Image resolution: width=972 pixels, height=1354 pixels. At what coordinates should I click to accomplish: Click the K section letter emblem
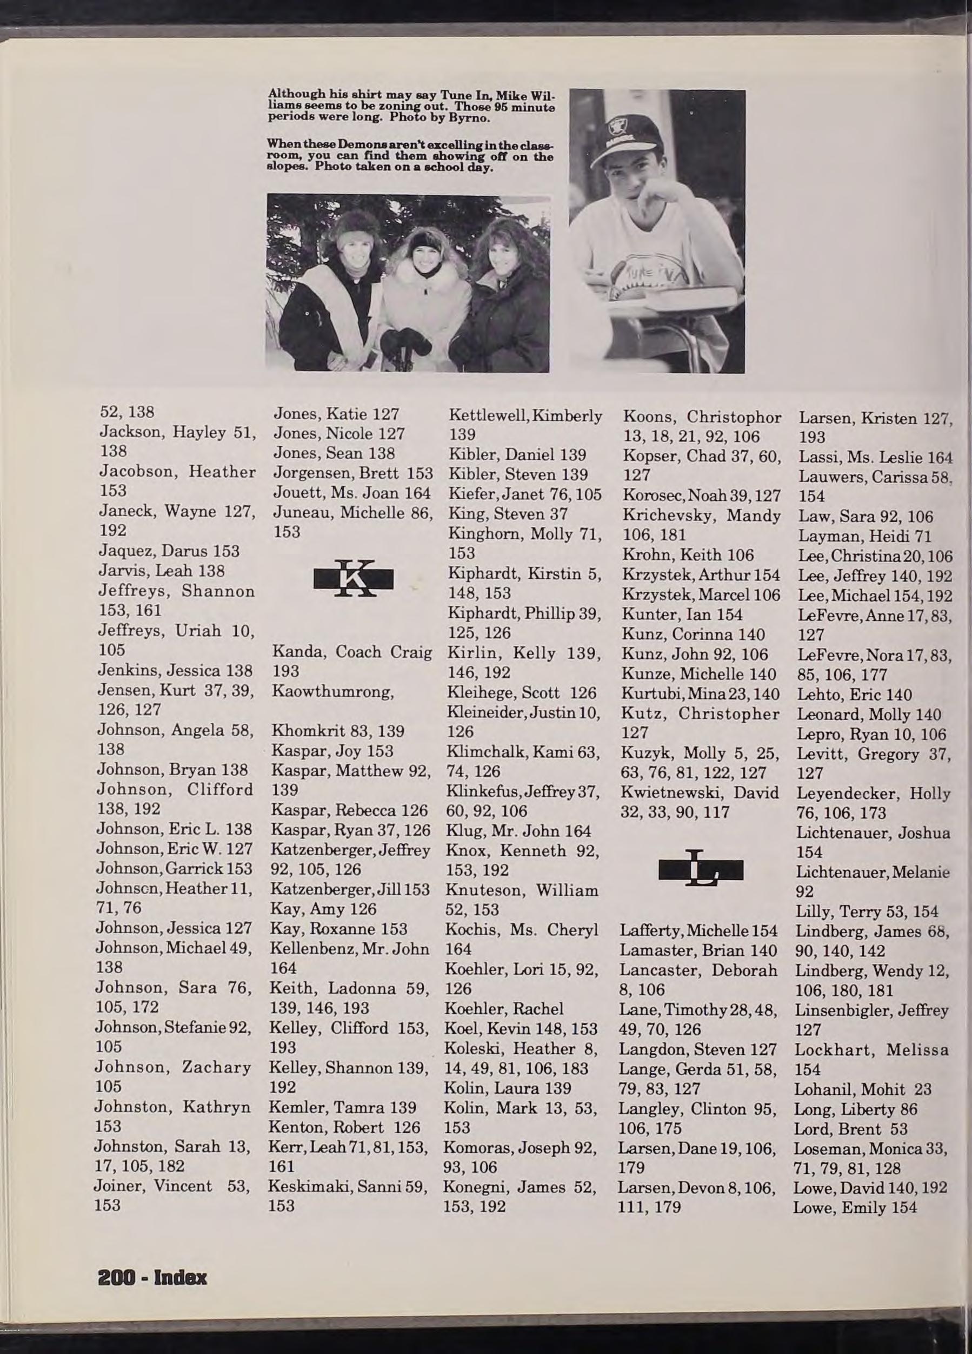point(353,578)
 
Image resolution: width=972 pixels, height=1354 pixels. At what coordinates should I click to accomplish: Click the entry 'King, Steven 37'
point(508,514)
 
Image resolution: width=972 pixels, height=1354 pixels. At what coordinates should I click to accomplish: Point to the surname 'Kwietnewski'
point(665,793)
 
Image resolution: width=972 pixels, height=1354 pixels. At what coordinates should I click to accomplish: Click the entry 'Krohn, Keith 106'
point(688,554)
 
